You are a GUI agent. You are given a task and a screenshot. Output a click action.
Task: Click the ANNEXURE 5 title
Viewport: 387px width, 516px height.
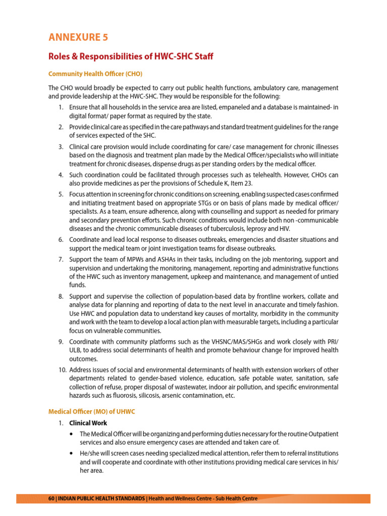click(x=78, y=37)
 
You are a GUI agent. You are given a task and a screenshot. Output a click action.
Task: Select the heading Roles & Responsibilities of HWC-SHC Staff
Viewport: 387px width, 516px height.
click(x=131, y=56)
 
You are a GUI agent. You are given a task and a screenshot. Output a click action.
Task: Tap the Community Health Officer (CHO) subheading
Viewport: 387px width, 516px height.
click(x=95, y=74)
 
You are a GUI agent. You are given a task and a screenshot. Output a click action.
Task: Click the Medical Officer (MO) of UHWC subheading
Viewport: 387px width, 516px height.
click(x=92, y=412)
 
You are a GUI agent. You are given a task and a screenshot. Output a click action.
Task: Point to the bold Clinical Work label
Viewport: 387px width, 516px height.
click(x=88, y=423)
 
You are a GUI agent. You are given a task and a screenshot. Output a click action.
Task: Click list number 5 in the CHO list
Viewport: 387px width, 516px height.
click(x=60, y=195)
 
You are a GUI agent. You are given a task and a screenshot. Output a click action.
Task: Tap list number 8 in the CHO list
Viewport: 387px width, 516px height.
click(x=60, y=297)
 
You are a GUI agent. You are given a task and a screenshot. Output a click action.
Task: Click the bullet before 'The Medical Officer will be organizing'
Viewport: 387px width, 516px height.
click(x=74, y=434)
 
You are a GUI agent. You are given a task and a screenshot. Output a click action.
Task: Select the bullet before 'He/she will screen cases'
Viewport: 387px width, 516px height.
click(x=74, y=454)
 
